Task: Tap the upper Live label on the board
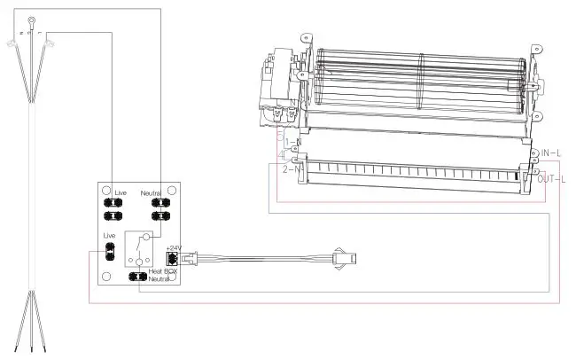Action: (122, 192)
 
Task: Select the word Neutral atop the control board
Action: (155, 192)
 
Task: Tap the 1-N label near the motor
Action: (292, 143)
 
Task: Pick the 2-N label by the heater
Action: (292, 168)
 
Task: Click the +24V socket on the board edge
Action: (174, 261)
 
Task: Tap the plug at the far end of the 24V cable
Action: (343, 259)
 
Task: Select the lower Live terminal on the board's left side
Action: (109, 253)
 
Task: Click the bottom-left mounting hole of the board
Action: (106, 277)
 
